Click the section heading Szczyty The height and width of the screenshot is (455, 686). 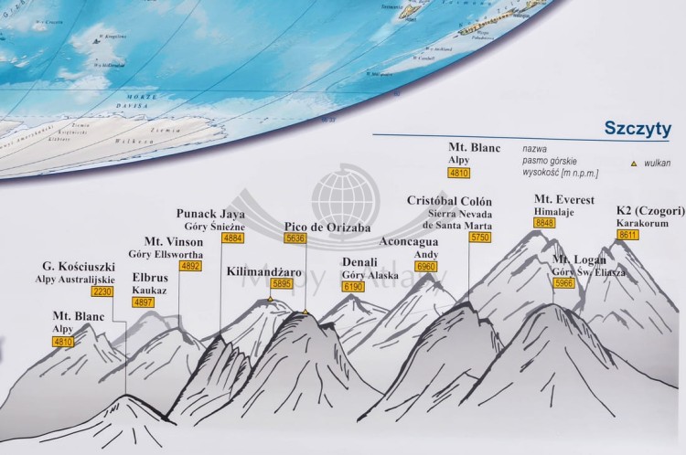[638, 128]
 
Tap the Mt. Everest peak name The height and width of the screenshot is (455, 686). [563, 200]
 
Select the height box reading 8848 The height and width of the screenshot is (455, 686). [545, 223]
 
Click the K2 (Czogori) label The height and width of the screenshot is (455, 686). [650, 209]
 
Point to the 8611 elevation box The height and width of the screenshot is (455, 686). [628, 234]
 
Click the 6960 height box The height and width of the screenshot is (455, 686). [426, 266]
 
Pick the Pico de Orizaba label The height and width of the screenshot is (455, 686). [327, 227]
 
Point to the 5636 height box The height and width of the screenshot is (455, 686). [295, 238]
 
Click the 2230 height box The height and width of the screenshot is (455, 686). [102, 291]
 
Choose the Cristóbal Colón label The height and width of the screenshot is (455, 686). [449, 201]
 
